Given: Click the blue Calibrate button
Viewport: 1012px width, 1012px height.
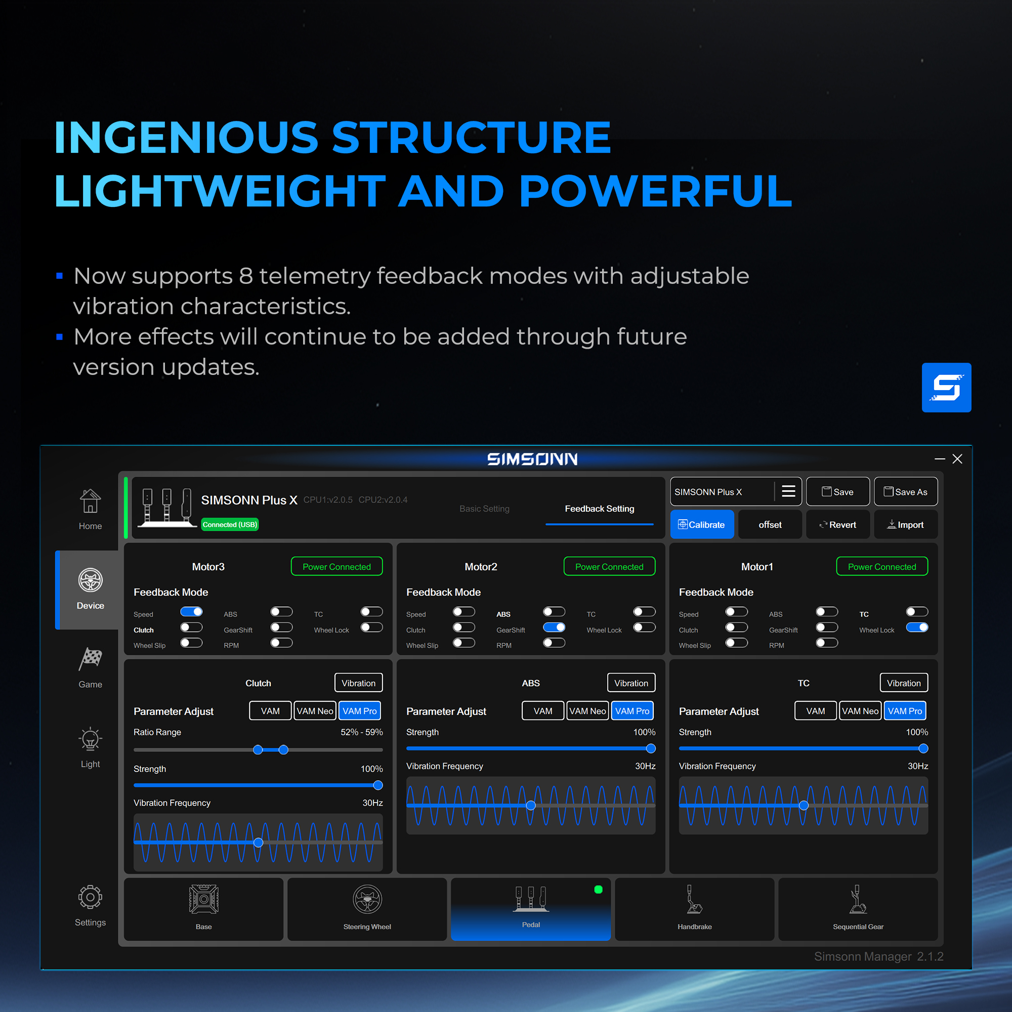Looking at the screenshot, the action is pos(702,524).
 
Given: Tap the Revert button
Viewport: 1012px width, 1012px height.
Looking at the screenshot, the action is pos(837,524).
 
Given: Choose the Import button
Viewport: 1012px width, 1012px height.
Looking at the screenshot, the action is pos(906,524).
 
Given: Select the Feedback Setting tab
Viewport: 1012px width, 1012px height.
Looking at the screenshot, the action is pos(599,509).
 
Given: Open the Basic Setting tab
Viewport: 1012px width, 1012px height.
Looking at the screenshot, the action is pos(484,509).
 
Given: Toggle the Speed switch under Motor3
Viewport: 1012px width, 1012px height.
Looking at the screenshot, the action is pos(191,612).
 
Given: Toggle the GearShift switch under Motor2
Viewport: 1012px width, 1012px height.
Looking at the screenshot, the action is pos(554,627).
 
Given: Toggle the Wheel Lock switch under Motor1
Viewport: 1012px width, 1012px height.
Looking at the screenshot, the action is pos(917,627).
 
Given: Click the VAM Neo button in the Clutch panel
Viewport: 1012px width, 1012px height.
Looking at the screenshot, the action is pos(315,711).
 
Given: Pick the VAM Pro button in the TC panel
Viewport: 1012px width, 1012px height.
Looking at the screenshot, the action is pos(905,711).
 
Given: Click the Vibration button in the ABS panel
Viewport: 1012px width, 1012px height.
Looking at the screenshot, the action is pos(631,683).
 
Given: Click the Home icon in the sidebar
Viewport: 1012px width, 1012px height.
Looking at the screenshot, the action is pos(90,501).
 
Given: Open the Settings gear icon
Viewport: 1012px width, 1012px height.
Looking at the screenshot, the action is pos(90,897).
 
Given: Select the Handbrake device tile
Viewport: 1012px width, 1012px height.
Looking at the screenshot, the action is pos(695,909).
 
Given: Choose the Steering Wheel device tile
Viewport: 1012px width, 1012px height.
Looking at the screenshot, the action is pos(367,909).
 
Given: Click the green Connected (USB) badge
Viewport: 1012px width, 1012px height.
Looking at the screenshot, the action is pos(230,524).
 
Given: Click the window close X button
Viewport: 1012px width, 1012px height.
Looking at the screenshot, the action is pos(957,459).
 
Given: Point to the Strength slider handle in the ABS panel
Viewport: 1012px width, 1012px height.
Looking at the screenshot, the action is pos(651,748).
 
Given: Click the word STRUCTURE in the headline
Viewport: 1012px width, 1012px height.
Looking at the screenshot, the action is pos(472,137).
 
